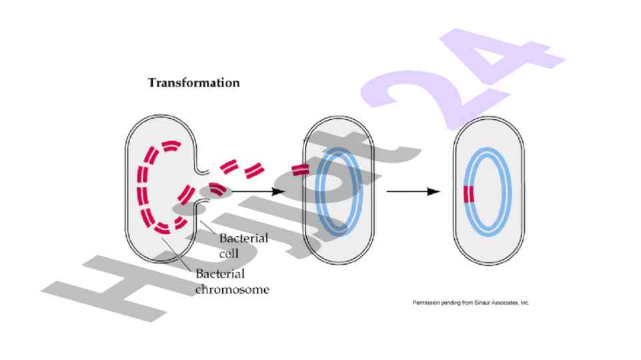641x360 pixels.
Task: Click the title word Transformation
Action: click(193, 83)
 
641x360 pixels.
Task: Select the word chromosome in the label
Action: click(232, 290)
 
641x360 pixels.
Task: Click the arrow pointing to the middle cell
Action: click(260, 191)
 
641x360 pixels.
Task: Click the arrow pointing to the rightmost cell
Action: click(413, 191)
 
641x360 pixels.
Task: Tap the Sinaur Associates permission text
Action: click(471, 303)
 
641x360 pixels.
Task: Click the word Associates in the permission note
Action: click(502, 303)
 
